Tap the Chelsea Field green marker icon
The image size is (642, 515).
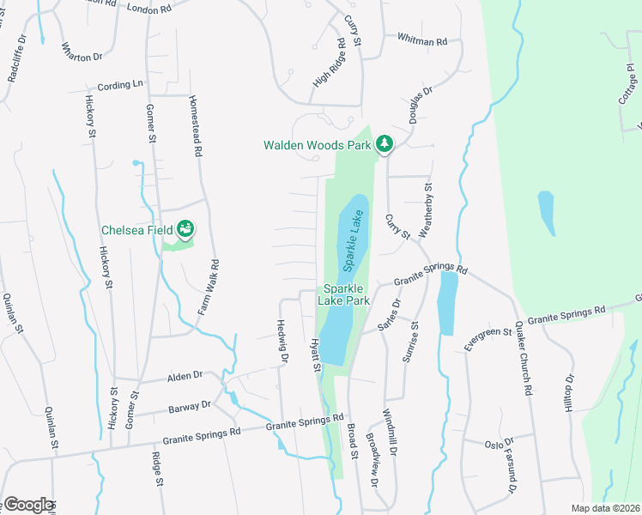click(x=184, y=229)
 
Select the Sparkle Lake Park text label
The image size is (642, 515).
click(x=345, y=295)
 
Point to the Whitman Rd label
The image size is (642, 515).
click(x=422, y=39)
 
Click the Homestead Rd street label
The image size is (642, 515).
click(x=195, y=125)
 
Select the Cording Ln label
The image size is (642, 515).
click(x=121, y=85)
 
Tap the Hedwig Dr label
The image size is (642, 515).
click(x=281, y=341)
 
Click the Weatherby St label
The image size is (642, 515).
click(x=428, y=210)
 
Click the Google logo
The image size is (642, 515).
click(x=28, y=505)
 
